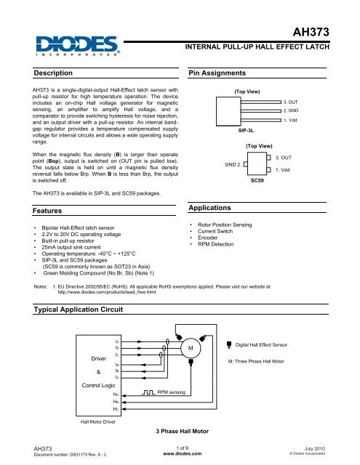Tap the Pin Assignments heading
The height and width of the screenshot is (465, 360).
pyautogui.click(x=220, y=73)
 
